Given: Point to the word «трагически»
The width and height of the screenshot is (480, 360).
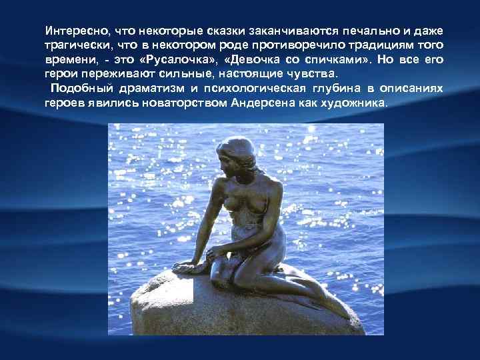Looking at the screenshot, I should (x=73, y=46).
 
